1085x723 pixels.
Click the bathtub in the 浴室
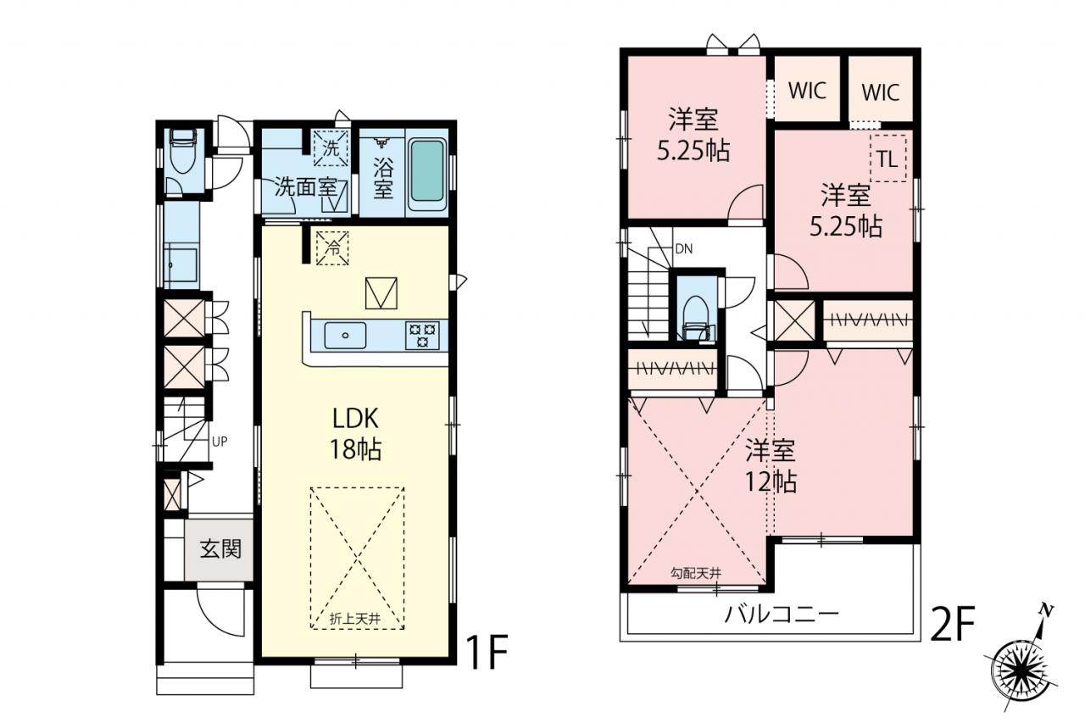pyautogui.click(x=426, y=175)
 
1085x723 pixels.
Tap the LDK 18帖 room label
pyautogui.click(x=355, y=433)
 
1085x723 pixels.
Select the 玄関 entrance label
pyautogui.click(x=220, y=549)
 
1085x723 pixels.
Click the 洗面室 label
pyautogui.click(x=306, y=187)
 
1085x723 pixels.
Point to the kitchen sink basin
pyautogui.click(x=345, y=335)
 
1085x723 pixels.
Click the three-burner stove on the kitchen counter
pyautogui.click(x=423, y=335)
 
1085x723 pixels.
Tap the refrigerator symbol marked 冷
pyautogui.click(x=332, y=248)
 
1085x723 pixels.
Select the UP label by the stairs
pyautogui.click(x=220, y=441)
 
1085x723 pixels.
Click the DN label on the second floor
pyautogui.click(x=684, y=249)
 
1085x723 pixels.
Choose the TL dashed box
pyautogui.click(x=888, y=159)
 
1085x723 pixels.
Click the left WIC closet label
pyautogui.click(x=807, y=90)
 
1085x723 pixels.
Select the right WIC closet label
pyautogui.click(x=881, y=92)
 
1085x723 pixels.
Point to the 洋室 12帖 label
pyautogui.click(x=771, y=465)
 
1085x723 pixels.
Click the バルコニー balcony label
pyautogui.click(x=782, y=615)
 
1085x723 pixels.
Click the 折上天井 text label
pyautogui.click(x=354, y=619)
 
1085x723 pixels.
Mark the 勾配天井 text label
pyautogui.click(x=696, y=573)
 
